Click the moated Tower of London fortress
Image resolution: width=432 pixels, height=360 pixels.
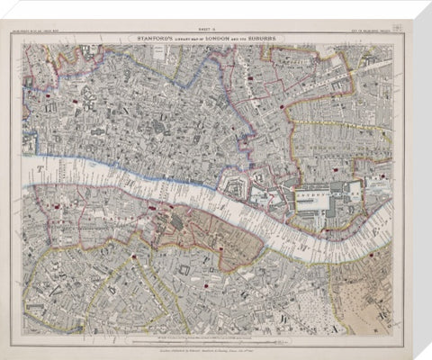coord(236,190)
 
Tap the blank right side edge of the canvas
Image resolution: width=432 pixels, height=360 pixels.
coord(414,180)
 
